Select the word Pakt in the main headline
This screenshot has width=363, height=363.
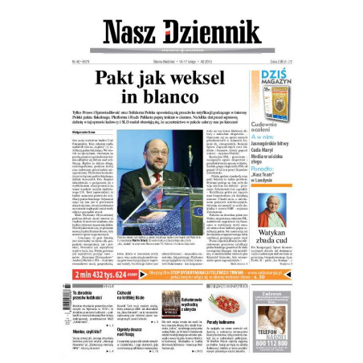pos(117,78)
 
